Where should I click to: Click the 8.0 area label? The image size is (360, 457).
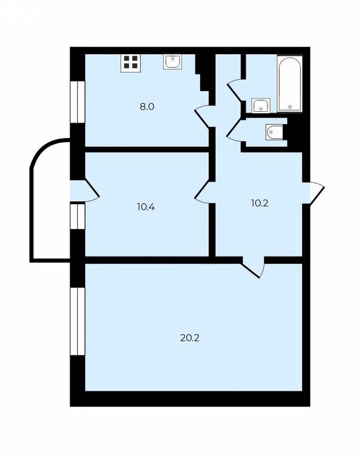point(147,107)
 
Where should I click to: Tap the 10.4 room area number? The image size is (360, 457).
point(146,207)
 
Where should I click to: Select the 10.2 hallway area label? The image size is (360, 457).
point(259,203)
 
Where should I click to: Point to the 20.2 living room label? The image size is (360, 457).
point(190,338)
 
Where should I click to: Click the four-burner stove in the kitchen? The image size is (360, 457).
point(131,62)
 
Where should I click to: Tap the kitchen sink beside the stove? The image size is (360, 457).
point(173,61)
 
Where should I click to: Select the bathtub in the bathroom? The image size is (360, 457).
point(290,84)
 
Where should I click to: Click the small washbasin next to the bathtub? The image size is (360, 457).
point(261,105)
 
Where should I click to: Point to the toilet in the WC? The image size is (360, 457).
point(274,132)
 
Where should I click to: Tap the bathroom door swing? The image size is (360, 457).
point(234,90)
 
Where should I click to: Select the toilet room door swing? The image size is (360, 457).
point(234,130)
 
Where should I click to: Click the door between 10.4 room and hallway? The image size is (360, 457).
point(202,192)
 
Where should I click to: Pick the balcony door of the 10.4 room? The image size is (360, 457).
point(85,190)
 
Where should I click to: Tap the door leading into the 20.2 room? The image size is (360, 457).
point(252,267)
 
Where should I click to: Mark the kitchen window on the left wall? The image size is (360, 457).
point(77,102)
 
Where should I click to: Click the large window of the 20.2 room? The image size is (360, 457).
point(77,321)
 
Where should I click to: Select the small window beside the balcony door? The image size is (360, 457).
point(77,216)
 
